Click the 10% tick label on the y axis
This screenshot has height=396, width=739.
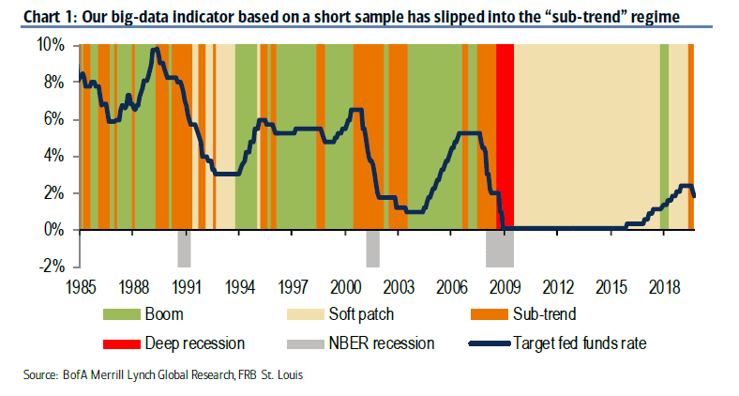point(52,45)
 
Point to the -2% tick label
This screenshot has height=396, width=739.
point(53,267)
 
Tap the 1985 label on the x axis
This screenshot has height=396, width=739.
point(81,285)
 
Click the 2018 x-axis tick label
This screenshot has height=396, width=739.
point(664,285)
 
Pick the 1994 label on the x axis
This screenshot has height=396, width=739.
point(240,285)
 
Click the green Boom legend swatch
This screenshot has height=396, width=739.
point(125,313)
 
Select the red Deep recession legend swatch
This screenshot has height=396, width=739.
point(125,343)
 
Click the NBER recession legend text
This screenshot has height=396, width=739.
point(381,343)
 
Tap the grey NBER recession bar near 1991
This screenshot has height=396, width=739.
point(185,248)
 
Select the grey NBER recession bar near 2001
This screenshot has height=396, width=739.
point(372,248)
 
